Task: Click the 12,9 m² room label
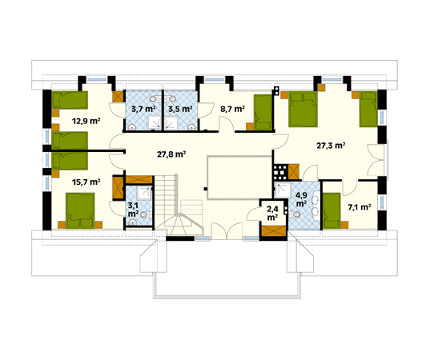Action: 86,121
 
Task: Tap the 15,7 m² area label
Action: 86,182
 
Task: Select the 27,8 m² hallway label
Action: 171,154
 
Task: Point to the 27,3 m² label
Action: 331,146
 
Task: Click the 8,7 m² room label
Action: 232,109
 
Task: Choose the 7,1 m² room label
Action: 360,207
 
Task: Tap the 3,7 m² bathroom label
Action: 143,109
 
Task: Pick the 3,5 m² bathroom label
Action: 180,109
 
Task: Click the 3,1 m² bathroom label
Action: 133,210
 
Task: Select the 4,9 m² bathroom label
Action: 301,199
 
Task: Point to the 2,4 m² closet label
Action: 272,213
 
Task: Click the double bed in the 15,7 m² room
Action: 80,210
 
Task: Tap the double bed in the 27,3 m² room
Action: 303,109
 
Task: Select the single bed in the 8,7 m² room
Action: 263,112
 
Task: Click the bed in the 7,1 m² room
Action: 332,210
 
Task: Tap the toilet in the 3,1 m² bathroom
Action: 145,215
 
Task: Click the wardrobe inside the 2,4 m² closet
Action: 274,230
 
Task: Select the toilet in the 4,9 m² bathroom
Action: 295,214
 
